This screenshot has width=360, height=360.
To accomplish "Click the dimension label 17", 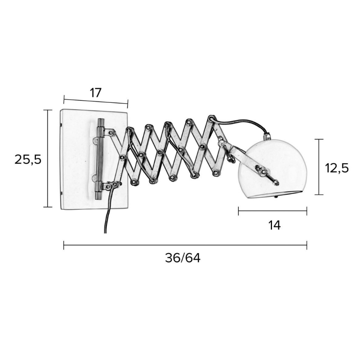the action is [x=96, y=93].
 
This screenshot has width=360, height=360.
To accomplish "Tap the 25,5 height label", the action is [x=28, y=159].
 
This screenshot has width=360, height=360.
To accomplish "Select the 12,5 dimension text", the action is [x=337, y=168].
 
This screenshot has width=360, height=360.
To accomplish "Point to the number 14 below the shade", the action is [x=274, y=225].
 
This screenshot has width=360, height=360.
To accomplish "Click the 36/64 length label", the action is [x=183, y=258].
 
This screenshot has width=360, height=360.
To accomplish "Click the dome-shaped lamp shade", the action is [x=272, y=168].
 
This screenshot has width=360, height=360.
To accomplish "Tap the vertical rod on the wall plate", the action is [x=100, y=159].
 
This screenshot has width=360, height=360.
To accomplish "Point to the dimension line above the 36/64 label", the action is [x=185, y=245].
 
